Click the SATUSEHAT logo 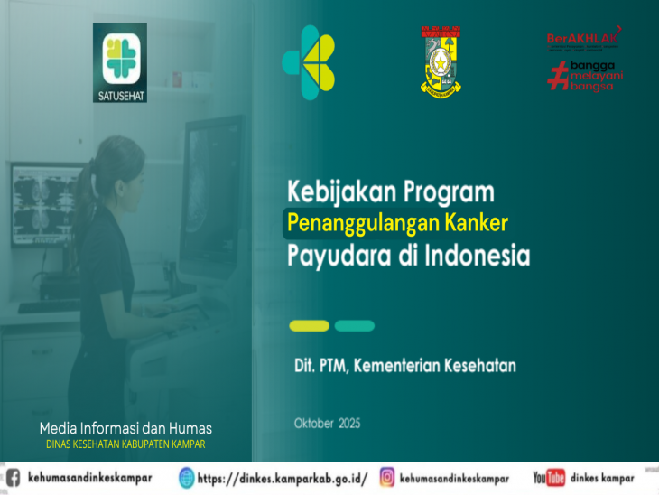[x=119, y=62]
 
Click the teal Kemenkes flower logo [x=308, y=62]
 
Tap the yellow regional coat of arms [x=440, y=61]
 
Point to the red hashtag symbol [x=556, y=76]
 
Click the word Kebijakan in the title [x=335, y=193]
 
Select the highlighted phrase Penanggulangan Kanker [x=397, y=222]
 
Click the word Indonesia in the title [x=477, y=255]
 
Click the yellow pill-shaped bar [x=309, y=326]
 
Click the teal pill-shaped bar [x=354, y=326]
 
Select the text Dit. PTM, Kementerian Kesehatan [x=404, y=366]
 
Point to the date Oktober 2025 [x=327, y=423]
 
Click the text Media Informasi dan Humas [x=125, y=428]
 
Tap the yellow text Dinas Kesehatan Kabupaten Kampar [x=125, y=444]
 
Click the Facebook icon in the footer [x=12, y=478]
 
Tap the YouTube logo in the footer [x=548, y=478]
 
